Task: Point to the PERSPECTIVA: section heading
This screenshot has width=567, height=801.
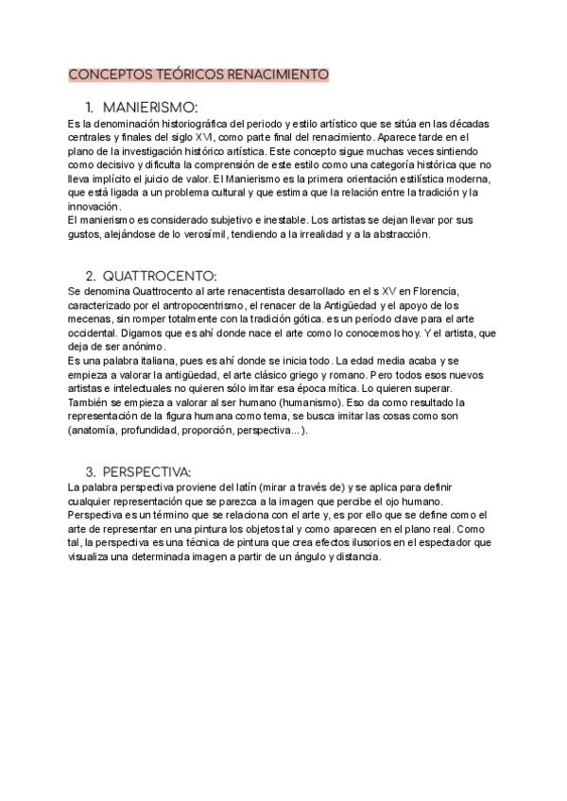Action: coord(146,470)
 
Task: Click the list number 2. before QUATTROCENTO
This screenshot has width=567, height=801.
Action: coord(91,276)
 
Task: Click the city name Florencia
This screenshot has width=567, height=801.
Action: coord(431,292)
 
